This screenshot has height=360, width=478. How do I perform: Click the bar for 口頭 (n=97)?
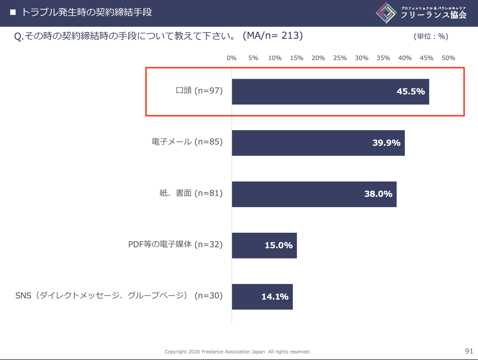pos(330,92)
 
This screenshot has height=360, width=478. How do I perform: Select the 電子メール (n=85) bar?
pos(318,143)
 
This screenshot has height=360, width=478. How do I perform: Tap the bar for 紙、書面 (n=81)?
pos(314,194)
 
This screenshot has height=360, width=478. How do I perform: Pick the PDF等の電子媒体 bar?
pos(264,246)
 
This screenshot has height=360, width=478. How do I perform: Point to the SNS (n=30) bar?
pos(262,297)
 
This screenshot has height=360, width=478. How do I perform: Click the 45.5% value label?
pos(411,91)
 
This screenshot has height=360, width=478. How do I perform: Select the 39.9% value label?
pos(386,143)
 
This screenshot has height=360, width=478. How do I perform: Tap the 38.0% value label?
pos(378,194)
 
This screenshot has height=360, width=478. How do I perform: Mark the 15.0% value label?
pos(279,245)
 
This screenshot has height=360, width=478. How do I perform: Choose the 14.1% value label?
pos(275,297)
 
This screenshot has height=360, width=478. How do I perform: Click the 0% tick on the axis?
pos(231,58)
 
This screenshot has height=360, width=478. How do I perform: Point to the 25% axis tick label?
pos(340,58)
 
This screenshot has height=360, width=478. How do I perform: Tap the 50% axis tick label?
pos(448,58)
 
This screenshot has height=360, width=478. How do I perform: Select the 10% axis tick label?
pos(275,58)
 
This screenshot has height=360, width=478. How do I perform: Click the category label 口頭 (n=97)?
pos(199,90)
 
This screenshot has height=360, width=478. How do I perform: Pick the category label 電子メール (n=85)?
pos(187,142)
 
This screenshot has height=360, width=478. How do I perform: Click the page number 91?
pos(469,351)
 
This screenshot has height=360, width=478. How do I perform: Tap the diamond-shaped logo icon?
pos(386,13)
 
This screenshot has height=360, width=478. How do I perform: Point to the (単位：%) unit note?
pos(431,36)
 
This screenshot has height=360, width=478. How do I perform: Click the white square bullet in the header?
pos(13,12)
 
